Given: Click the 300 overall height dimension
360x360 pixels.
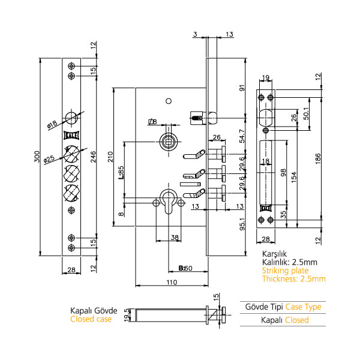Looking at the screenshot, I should coord(37,158).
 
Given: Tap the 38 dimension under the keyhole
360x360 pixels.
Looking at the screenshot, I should coord(175,238).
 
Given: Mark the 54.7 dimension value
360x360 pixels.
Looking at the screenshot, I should coord(242,136).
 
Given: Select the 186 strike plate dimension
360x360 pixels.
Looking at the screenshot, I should coord(324,157).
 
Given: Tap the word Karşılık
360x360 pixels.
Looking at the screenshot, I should coord(274,254).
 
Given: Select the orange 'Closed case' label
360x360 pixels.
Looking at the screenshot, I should coord(91,319).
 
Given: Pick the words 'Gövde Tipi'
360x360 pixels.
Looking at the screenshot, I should coord(263,307).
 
